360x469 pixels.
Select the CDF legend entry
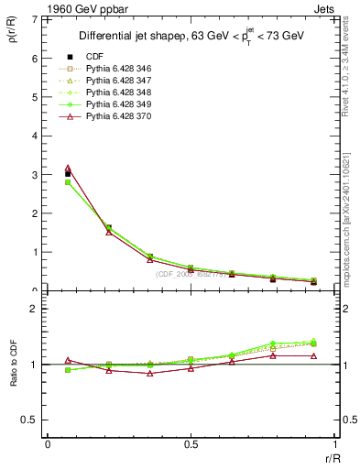coord(95,57)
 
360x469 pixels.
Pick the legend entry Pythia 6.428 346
coord(118,69)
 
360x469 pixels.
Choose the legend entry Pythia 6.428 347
coord(118,81)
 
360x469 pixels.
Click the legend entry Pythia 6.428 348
coord(118,93)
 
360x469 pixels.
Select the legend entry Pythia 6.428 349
coord(118,104)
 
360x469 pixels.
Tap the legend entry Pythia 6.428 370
coord(118,116)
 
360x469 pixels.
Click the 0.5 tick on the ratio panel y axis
coord(31,420)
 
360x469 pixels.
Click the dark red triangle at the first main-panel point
coord(68,169)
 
